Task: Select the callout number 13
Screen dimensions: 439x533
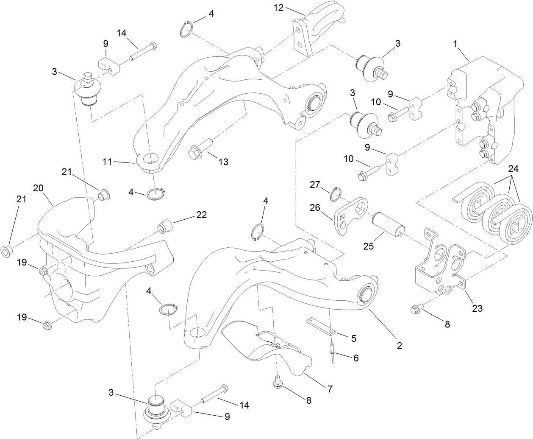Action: [x=223, y=162]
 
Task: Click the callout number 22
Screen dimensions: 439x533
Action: [x=201, y=215]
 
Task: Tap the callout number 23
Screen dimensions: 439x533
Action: [x=477, y=308]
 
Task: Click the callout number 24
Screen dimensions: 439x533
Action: [x=513, y=168]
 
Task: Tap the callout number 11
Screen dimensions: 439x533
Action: [x=107, y=161]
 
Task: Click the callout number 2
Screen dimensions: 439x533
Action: [x=399, y=345]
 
